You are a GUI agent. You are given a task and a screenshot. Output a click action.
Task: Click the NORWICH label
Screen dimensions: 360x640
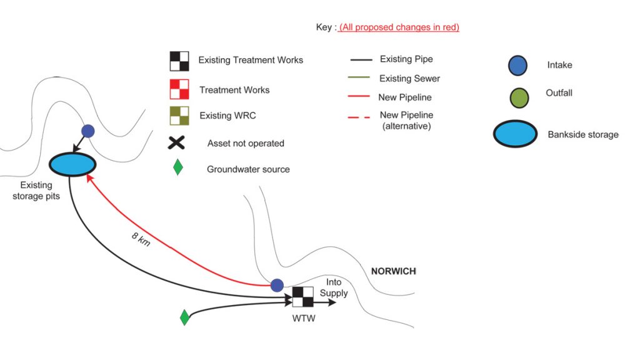click(x=393, y=271)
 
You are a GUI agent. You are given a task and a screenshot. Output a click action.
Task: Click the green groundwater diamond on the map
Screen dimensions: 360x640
click(x=184, y=317)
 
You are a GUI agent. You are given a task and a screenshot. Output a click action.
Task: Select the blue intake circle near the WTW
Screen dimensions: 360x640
click(x=277, y=285)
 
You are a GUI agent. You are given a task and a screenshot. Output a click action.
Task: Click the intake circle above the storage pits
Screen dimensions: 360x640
click(x=88, y=131)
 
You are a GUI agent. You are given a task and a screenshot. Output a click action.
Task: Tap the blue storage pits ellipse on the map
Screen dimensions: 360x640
click(x=72, y=164)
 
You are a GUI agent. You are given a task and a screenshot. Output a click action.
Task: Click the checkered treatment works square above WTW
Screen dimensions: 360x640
click(x=303, y=297)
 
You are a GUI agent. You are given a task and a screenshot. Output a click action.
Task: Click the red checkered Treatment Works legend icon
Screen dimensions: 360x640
click(x=179, y=89)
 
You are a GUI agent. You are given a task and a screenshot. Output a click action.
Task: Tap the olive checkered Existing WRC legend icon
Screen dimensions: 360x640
click(x=179, y=116)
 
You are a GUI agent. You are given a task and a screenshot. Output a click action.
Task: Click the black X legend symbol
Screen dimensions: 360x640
click(x=177, y=143)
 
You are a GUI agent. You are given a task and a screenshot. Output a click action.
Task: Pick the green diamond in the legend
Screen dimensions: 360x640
click(x=178, y=167)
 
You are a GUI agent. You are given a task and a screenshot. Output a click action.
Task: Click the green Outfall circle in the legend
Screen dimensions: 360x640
click(x=519, y=97)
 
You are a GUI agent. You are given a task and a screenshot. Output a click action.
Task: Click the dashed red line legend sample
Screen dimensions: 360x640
click(x=359, y=116)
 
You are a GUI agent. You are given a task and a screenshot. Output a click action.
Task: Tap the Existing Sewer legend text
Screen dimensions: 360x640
click(x=409, y=79)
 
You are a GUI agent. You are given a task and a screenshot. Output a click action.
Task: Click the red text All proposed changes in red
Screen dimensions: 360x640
click(x=399, y=27)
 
